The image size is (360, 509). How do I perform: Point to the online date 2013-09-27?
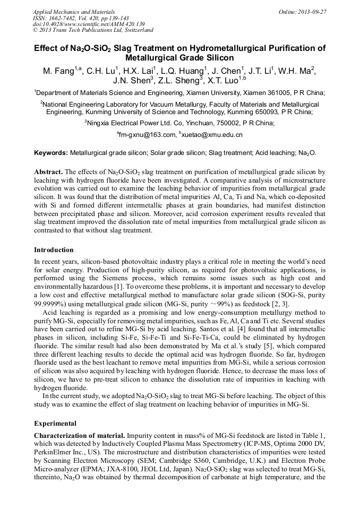tap(313, 11)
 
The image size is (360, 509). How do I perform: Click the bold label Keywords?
tap(51, 153)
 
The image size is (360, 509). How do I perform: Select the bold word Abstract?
tap(48, 172)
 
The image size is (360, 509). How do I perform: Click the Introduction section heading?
tap(54, 249)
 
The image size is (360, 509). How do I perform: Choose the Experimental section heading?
tap(55, 424)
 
